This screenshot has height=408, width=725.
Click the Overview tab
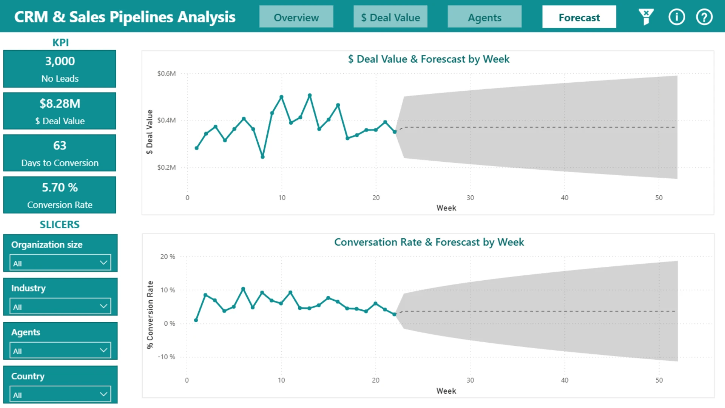tap(296, 17)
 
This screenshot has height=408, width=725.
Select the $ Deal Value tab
tap(390, 17)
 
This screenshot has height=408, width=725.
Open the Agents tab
tap(484, 17)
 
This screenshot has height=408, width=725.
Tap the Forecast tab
tap(579, 17)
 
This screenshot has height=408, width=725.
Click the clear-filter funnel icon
tap(646, 17)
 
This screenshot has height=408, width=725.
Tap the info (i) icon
tap(676, 17)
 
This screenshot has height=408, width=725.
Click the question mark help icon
tap(704, 17)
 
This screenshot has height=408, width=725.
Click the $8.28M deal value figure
tap(60, 104)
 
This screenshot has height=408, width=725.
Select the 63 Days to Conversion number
tap(60, 145)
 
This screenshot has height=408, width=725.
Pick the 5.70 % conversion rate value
tap(60, 187)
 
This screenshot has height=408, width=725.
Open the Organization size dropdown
tap(60, 263)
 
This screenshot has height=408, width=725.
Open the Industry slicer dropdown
tap(60, 306)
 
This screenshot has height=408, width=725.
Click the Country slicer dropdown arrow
tap(103, 394)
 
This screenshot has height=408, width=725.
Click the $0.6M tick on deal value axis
tap(167, 73)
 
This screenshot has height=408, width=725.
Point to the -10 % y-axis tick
tap(167, 357)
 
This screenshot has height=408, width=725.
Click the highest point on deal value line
tap(310, 96)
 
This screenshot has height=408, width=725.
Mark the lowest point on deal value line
tap(262, 157)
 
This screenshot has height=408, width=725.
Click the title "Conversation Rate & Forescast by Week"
tap(429, 242)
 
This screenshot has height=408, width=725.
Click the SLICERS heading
tap(60, 224)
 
